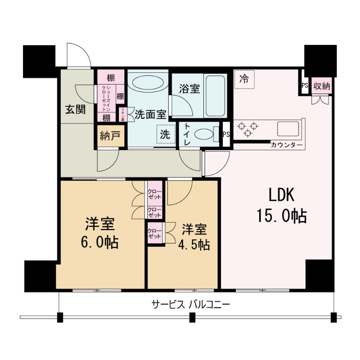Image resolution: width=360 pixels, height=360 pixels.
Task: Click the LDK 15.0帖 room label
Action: (281, 206)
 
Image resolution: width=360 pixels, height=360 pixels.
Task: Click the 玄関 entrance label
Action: (74, 109)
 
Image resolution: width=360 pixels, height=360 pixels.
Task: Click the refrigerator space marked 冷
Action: (244, 80)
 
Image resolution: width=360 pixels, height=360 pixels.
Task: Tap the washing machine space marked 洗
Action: (165, 134)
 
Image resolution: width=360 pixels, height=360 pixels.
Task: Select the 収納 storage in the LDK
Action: (321, 86)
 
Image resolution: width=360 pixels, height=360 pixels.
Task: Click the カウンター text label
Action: (284, 145)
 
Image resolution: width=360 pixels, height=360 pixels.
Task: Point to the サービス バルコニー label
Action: (191, 305)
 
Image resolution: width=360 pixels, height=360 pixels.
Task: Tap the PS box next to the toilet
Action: (226, 134)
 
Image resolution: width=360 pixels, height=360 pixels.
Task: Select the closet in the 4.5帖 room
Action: (155, 234)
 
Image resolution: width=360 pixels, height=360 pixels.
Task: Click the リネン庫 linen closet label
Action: (121, 115)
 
